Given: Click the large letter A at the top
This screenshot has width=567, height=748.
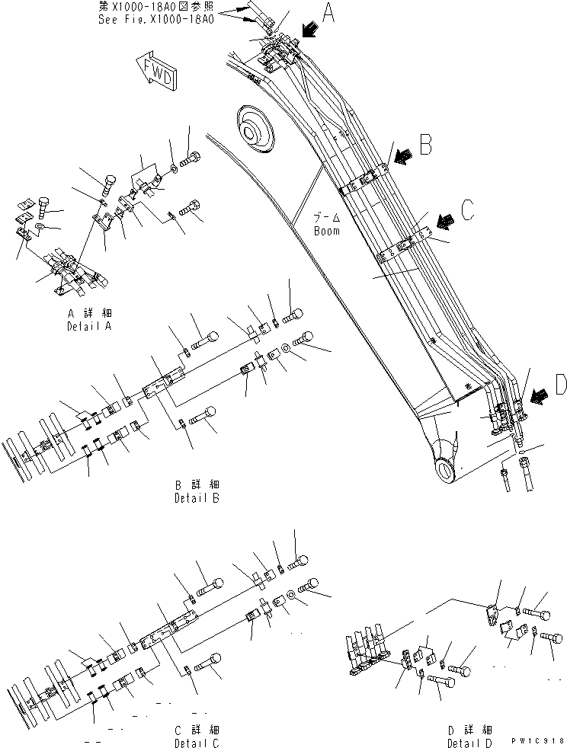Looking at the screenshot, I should [x=328, y=13].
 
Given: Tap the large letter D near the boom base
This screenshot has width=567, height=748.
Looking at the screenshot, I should [x=559, y=386].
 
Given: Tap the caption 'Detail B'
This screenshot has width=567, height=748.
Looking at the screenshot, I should [x=196, y=498].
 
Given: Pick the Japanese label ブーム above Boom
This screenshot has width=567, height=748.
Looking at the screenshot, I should [x=327, y=216].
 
